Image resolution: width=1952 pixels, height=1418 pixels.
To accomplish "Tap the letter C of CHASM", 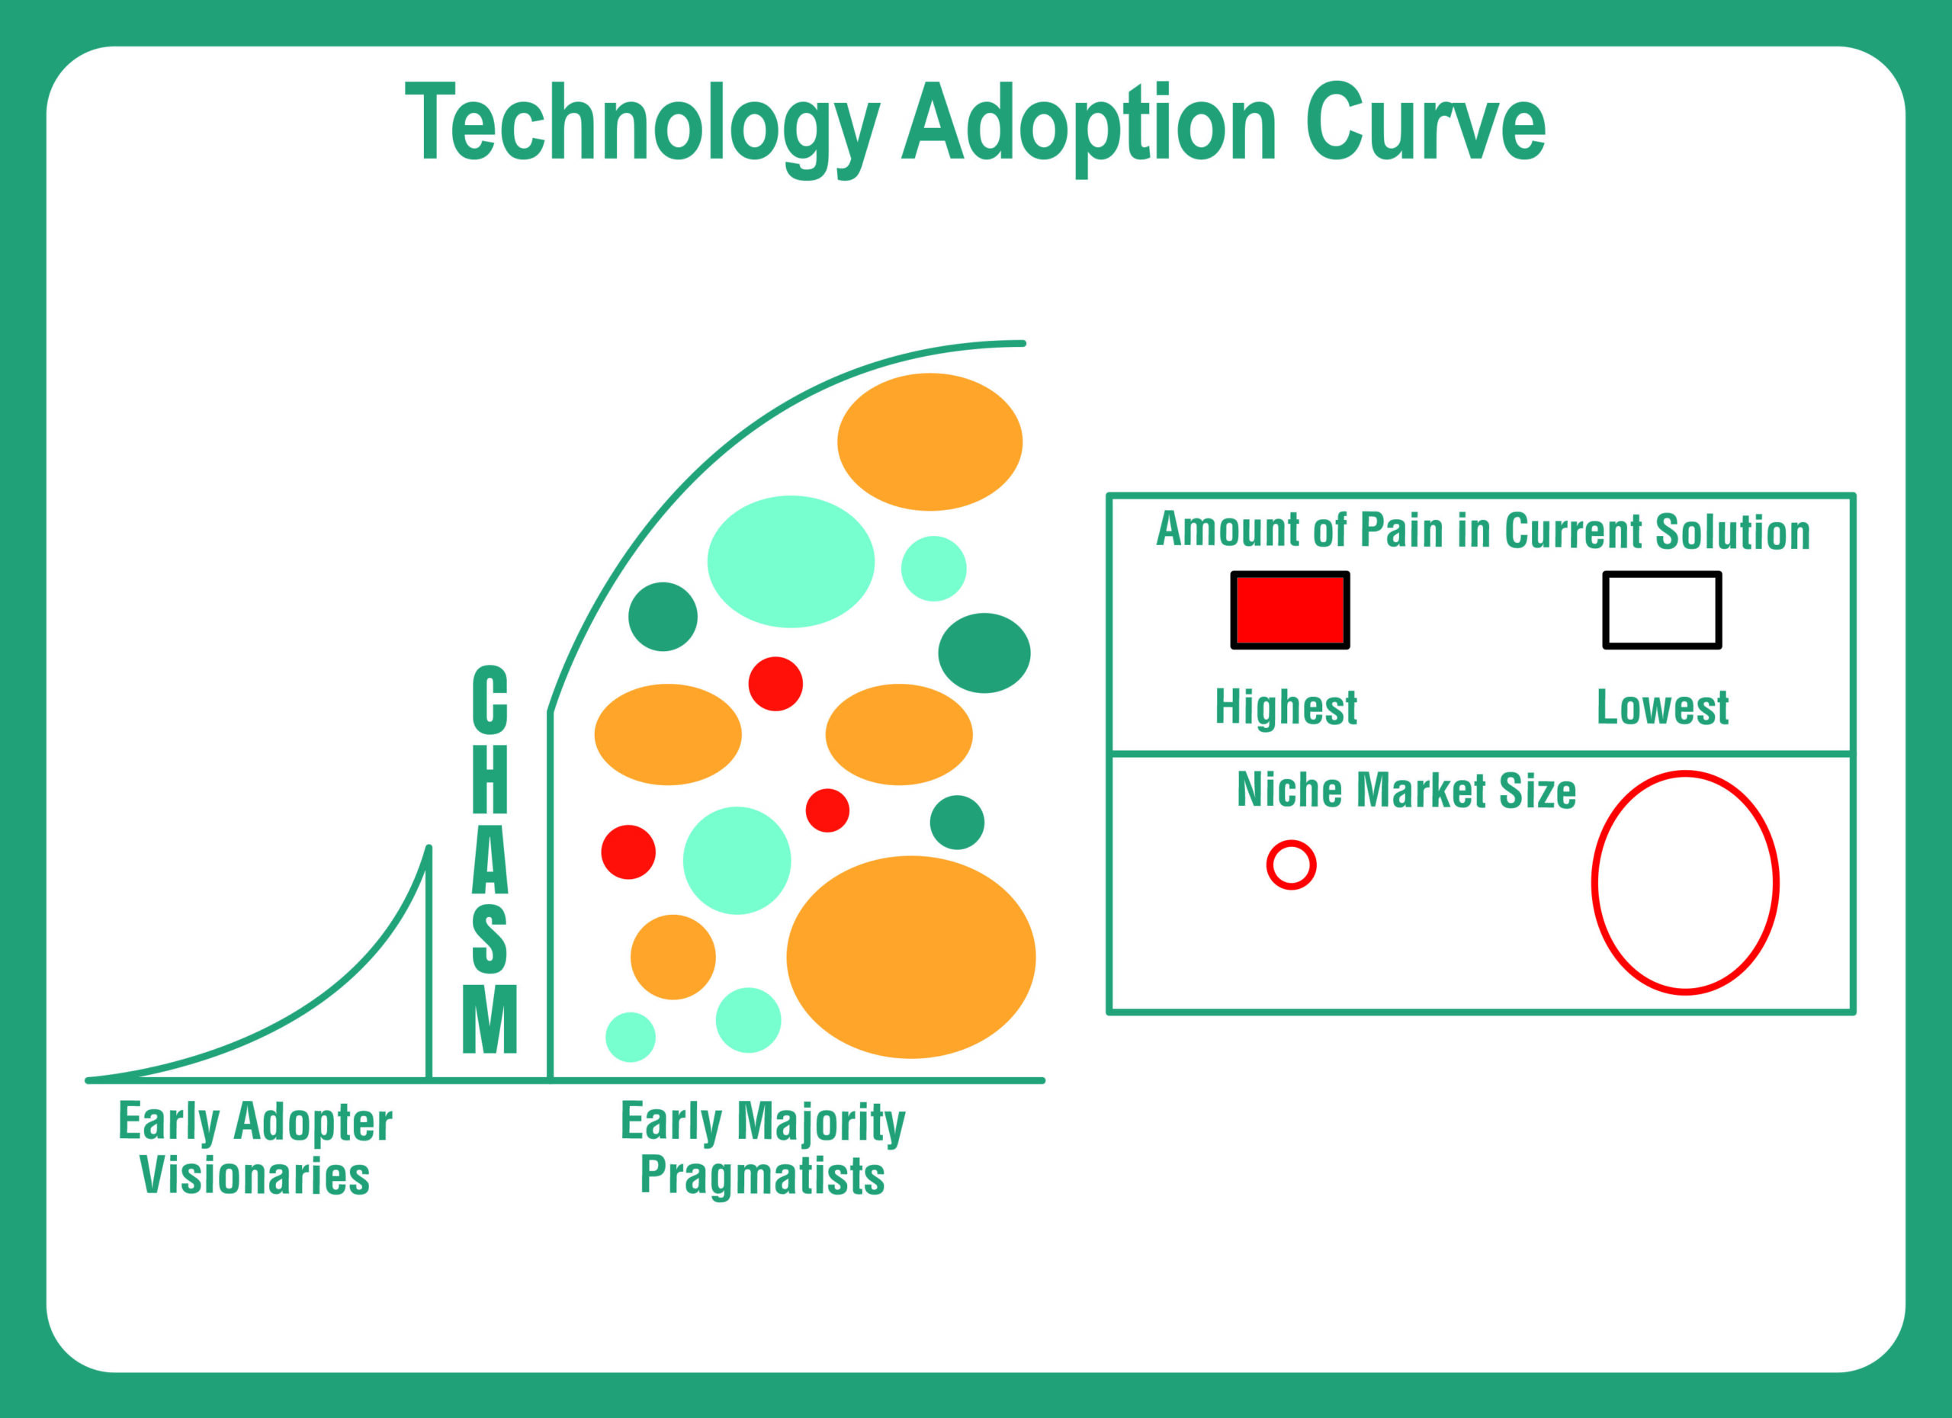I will pyautogui.click(x=490, y=698).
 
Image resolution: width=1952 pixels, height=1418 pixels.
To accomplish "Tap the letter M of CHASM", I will pyautogui.click(x=490, y=1019).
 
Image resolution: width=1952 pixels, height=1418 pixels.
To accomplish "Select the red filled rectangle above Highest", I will pyautogui.click(x=1289, y=610).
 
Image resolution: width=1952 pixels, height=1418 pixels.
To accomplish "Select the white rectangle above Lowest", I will pyautogui.click(x=1661, y=610).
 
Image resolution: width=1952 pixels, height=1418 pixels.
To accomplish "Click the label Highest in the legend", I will pyautogui.click(x=1286, y=707).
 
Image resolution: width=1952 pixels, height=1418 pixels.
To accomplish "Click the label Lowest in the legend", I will pyautogui.click(x=1662, y=707).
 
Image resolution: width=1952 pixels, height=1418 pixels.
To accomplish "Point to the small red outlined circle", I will pyautogui.click(x=1291, y=865).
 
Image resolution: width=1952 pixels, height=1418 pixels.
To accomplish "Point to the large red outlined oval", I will pyautogui.click(x=1684, y=883).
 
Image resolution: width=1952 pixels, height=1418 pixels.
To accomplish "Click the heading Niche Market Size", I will pyautogui.click(x=1405, y=791).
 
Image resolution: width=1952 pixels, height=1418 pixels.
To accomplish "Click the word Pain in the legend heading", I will pyautogui.click(x=1400, y=530).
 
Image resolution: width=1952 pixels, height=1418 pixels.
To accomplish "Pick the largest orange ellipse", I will pyautogui.click(x=910, y=957).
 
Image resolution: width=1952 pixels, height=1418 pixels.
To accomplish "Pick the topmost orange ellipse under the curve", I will pyautogui.click(x=929, y=441).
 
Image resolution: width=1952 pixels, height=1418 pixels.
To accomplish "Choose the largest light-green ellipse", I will pyautogui.click(x=790, y=562).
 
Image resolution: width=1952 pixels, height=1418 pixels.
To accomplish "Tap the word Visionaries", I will pyautogui.click(x=255, y=1176).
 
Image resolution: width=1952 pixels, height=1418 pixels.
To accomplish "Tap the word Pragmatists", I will pyautogui.click(x=762, y=1176).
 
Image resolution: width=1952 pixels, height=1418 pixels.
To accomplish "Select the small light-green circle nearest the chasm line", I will pyautogui.click(x=630, y=1037).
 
